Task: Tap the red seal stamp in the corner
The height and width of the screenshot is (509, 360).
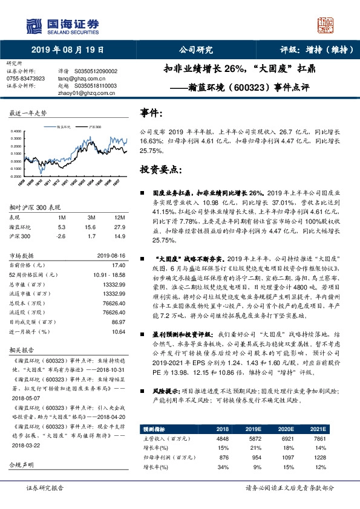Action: (326, 24)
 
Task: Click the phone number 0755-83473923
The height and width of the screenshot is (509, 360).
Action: (25, 79)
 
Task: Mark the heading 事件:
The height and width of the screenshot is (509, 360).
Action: (151, 114)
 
